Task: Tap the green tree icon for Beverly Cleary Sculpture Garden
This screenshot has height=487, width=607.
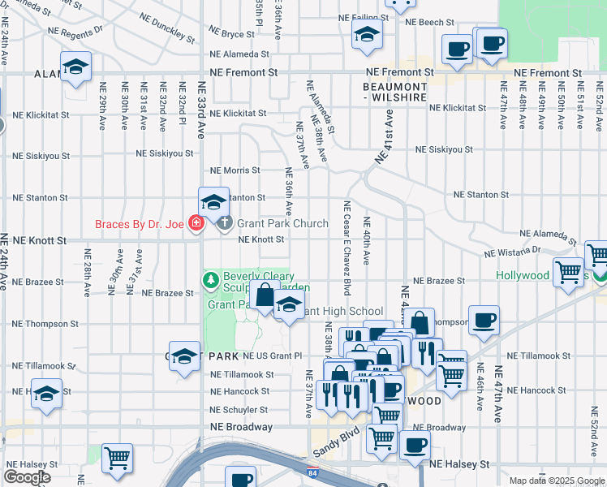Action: point(211,281)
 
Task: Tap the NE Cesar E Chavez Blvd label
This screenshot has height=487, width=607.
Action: point(347,248)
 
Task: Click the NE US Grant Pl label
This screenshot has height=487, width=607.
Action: point(267,356)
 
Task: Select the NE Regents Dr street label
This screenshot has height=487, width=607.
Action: point(75,29)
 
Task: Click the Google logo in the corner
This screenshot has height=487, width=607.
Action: point(27,477)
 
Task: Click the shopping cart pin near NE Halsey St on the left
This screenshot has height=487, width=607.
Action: point(118,458)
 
